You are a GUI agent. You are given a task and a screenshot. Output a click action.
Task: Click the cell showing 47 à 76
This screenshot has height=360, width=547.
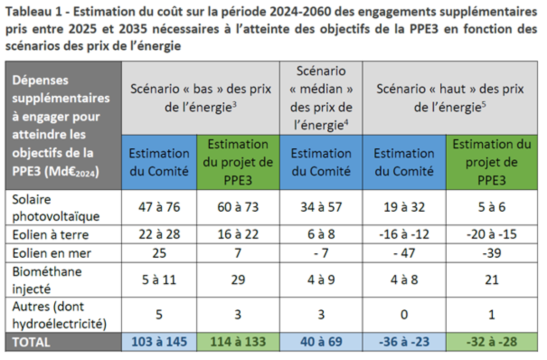click(159, 207)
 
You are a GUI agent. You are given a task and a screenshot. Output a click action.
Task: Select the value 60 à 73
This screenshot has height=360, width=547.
click(237, 207)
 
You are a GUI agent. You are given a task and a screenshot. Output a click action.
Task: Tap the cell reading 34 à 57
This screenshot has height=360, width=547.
click(321, 207)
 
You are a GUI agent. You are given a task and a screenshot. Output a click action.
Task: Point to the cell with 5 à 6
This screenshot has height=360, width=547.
click(491, 207)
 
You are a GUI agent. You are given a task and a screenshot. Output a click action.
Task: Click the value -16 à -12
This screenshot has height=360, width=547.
click(404, 235)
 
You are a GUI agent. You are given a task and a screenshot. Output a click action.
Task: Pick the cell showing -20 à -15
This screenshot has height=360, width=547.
click(491, 235)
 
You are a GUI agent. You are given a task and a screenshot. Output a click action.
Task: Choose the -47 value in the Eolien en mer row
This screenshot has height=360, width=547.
click(404, 253)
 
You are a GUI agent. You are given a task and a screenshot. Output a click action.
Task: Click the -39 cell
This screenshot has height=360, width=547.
click(491, 253)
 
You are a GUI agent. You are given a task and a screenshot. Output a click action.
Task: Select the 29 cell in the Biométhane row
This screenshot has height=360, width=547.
click(237, 280)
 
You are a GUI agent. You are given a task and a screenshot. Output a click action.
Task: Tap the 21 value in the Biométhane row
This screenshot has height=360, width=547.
click(491, 280)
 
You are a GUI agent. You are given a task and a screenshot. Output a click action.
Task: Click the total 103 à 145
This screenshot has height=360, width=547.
click(159, 342)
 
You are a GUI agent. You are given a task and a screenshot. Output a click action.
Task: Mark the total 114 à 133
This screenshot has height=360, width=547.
click(237, 342)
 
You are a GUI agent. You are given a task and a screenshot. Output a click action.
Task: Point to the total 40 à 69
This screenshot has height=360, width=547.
click(321, 342)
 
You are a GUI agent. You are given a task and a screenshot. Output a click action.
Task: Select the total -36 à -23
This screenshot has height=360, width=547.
click(404, 342)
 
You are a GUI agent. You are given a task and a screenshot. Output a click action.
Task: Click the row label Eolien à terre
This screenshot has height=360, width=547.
click(50, 235)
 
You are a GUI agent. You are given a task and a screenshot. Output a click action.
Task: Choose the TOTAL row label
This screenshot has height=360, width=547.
click(31, 342)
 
